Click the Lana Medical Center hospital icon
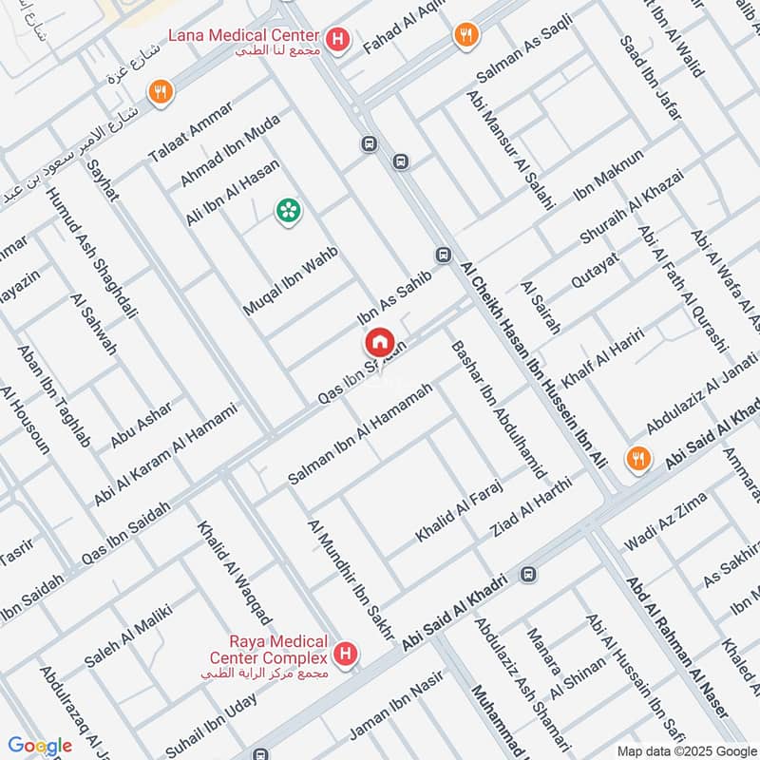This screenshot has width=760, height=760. [336, 40]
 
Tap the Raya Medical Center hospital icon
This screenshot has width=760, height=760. [347, 654]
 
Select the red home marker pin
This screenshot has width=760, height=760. [379, 341]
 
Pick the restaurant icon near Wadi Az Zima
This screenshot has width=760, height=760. [639, 459]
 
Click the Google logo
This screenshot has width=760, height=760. [40, 746]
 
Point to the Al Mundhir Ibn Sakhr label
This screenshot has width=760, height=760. [349, 579]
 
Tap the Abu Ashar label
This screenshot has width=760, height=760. [142, 424]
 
